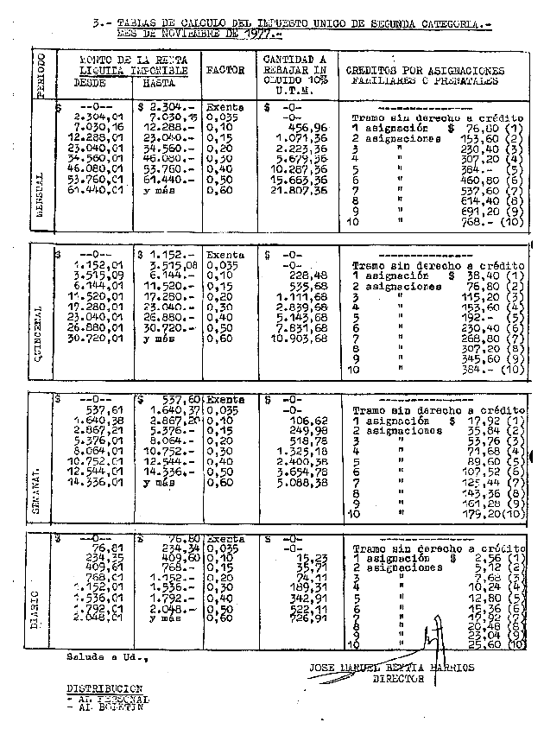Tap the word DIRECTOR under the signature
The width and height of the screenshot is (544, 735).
pos(398,679)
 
